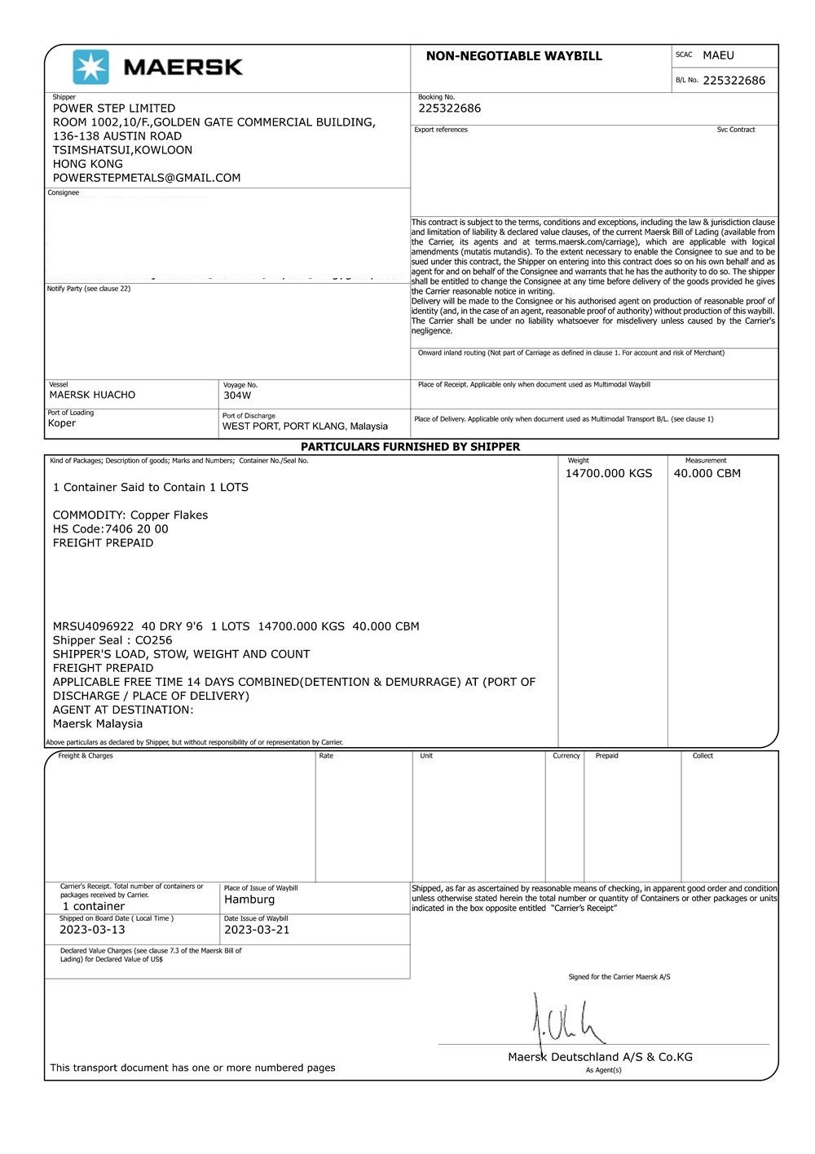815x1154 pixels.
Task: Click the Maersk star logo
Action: pyautogui.click(x=90, y=66)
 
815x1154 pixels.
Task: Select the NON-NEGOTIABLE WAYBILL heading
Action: pyautogui.click(x=513, y=56)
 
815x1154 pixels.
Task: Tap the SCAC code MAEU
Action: pyautogui.click(x=718, y=55)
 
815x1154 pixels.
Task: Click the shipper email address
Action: pyautogui.click(x=147, y=178)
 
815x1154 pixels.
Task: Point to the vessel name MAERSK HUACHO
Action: pyautogui.click(x=92, y=395)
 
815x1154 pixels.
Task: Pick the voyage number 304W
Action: pyautogui.click(x=237, y=396)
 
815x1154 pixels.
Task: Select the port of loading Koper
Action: pyautogui.click(x=62, y=423)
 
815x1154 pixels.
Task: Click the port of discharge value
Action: pyautogui.click(x=305, y=427)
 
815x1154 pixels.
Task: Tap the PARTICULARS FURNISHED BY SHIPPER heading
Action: pyautogui.click(x=410, y=447)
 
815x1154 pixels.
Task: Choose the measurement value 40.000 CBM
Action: pyautogui.click(x=707, y=473)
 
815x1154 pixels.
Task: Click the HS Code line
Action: pyautogui.click(x=111, y=529)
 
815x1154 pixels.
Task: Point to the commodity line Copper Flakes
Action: pyautogui.click(x=130, y=515)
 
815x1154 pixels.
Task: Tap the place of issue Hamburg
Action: pyautogui.click(x=249, y=900)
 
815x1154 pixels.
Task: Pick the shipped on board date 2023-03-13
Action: pyautogui.click(x=92, y=930)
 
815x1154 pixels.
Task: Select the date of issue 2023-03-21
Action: pyautogui.click(x=257, y=930)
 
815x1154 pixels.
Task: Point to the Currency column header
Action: pyautogui.click(x=566, y=756)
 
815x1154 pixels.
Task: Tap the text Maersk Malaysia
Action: pyautogui.click(x=98, y=723)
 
